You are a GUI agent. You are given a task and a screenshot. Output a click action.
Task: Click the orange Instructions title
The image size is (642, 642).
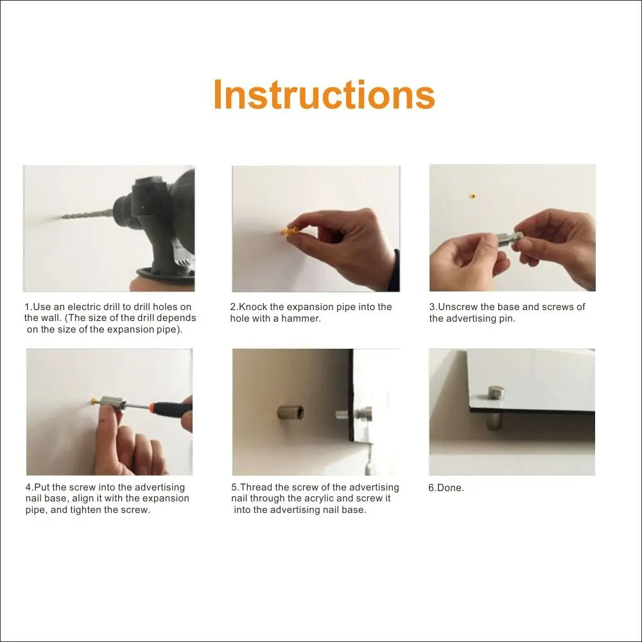click(x=324, y=94)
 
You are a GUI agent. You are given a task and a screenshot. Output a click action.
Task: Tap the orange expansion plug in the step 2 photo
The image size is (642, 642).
click(x=290, y=230)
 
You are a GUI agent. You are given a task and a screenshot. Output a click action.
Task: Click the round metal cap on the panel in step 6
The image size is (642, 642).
click(x=496, y=392)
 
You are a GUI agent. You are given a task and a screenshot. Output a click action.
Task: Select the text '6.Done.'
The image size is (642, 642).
click(x=446, y=488)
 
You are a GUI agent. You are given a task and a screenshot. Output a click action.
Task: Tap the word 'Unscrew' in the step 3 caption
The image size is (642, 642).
click(x=456, y=307)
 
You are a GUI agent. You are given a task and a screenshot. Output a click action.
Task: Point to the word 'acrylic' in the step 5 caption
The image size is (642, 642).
click(x=353, y=498)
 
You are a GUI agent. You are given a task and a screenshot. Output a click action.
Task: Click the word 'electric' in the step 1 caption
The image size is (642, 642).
click(x=84, y=307)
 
